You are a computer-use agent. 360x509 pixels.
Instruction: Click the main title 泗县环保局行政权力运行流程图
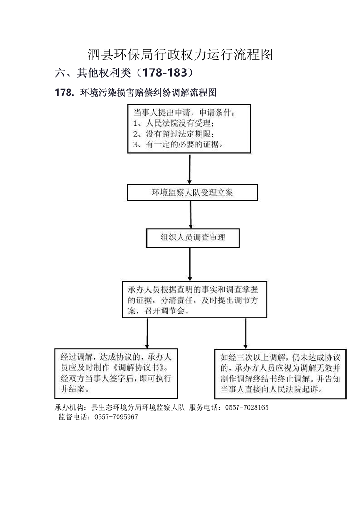(180, 54)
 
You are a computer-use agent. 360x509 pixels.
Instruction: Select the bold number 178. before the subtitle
(64, 93)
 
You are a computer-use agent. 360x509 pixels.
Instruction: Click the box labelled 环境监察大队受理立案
(192, 192)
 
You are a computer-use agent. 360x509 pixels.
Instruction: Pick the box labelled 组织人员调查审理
(192, 238)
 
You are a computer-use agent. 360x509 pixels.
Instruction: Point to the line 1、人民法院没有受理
(174, 123)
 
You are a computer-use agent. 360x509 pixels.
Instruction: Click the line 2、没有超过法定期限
(174, 134)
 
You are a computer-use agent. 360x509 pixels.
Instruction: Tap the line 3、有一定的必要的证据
(178, 144)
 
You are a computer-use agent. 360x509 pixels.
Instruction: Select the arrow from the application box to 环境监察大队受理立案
(190, 169)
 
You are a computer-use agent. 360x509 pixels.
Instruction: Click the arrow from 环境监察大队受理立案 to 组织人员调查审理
(191, 215)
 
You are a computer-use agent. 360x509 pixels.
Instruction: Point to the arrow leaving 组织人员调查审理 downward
(190, 264)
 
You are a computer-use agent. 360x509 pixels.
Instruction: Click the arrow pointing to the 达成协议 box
(147, 333)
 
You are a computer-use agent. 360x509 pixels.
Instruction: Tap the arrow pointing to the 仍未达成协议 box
(246, 333)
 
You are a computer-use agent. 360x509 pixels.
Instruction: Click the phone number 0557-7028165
(247, 407)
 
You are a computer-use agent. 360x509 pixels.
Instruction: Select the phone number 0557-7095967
(116, 417)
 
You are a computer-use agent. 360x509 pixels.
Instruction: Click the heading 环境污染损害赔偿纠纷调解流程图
(148, 93)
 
